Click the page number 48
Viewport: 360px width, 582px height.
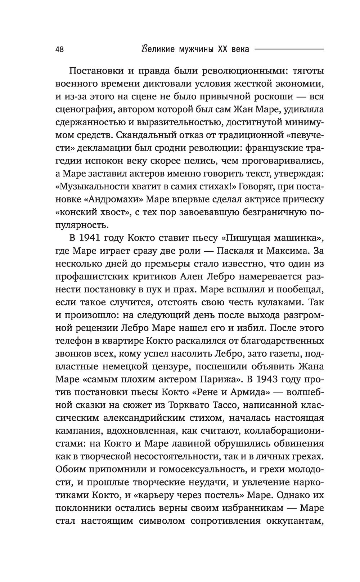coord(60,50)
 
